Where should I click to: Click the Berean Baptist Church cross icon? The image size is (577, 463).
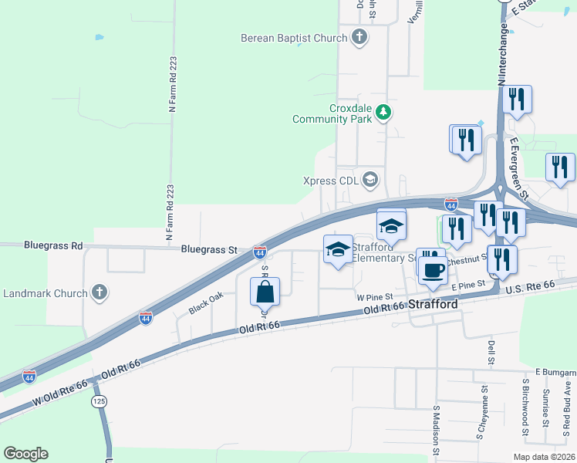coord(359,36)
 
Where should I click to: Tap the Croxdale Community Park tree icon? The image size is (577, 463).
coord(383,114)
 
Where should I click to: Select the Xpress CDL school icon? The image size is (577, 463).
coord(370,181)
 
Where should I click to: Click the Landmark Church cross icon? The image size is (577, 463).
coord(98,293)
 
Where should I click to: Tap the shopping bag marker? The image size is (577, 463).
coord(265,292)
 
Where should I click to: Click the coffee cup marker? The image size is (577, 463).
coord(432,269)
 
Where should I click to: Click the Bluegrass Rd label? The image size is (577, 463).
coord(52,246)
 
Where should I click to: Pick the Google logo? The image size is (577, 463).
coord(25,454)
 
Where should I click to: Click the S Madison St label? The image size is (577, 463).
coord(436,431)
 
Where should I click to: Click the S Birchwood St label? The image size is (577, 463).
coord(525,401)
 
